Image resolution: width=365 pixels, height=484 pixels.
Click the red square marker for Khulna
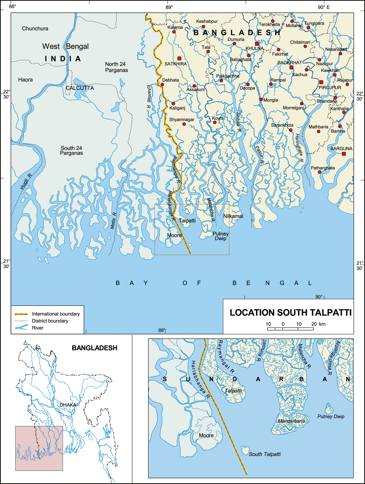pyautogui.click(x=257, y=44)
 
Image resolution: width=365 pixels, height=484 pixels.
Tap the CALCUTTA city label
pyautogui.click(x=80, y=88)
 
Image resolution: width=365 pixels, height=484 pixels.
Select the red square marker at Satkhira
pyautogui.click(x=179, y=58)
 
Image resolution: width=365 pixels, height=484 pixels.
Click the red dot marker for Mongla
pyautogui.click(x=261, y=99)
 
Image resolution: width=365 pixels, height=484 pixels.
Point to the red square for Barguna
pyautogui.click(x=344, y=154)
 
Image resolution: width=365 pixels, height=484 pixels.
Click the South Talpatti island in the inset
pyautogui.click(x=245, y=450)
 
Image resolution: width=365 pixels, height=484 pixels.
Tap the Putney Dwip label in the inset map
pyautogui.click(x=331, y=416)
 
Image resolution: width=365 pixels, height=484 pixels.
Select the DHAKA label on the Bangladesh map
pyautogui.click(x=68, y=405)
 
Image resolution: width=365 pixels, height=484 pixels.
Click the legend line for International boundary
pyautogui.click(x=21, y=314)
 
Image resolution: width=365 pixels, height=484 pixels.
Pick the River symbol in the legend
pyautogui.click(x=21, y=328)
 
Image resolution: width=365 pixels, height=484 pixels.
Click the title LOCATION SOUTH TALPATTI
pyautogui.click(x=290, y=313)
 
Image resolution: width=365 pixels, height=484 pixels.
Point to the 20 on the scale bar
pyautogui.click(x=314, y=324)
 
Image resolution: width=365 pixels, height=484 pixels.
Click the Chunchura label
pyautogui.click(x=35, y=29)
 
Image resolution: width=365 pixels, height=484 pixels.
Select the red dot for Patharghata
pyautogui.click(x=319, y=172)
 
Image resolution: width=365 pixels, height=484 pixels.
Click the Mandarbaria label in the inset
pyautogui.click(x=291, y=421)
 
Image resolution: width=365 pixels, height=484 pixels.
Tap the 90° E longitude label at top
pyautogui.click(x=324, y=7)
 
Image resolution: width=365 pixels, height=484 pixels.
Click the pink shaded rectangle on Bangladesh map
pyautogui.click(x=39, y=448)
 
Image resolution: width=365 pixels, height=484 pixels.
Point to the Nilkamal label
pyautogui.click(x=233, y=216)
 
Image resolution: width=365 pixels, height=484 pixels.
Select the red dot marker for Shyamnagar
pyautogui.click(x=184, y=124)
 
